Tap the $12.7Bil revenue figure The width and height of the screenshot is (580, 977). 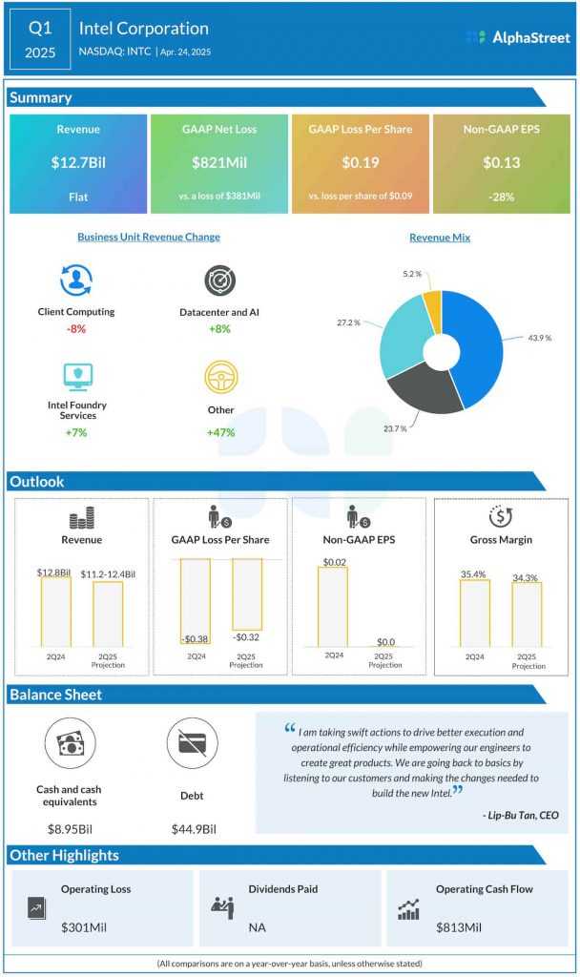pos(78,163)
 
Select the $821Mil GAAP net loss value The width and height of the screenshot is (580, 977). pos(219,163)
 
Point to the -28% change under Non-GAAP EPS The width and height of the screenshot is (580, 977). pos(501,196)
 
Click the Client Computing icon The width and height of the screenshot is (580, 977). pos(76,281)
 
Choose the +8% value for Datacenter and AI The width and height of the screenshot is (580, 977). pos(218,329)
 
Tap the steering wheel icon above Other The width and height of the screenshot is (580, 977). pos(219,378)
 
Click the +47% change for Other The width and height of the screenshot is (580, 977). pos(219,432)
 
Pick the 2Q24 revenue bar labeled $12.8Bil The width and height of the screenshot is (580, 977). pos(54,611)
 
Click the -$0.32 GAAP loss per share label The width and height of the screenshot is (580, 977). pos(245,636)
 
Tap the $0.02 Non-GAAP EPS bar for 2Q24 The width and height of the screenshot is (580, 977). pos(332,606)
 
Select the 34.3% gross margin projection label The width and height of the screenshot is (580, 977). pos(526,577)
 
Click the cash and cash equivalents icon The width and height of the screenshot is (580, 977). pos(70,746)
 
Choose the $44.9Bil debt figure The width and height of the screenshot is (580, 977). pos(192,829)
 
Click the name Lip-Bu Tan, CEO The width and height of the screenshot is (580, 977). pos(521,815)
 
